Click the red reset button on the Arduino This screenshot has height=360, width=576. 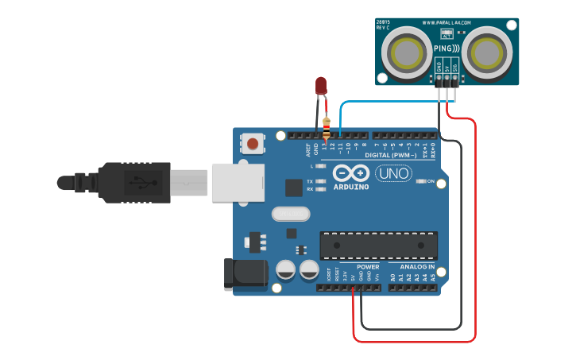tap(253, 144)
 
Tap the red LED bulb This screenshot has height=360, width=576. tap(321, 85)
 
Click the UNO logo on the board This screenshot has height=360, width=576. tap(393, 173)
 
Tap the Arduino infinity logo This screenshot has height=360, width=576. tap(350, 172)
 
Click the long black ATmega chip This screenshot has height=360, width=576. tap(378, 246)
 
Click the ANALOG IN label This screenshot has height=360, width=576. tap(417, 267)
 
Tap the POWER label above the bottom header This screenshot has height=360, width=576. tap(367, 267)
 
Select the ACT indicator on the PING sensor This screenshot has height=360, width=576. tap(446, 35)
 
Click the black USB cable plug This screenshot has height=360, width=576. tap(135, 182)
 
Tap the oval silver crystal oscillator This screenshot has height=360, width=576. tap(290, 214)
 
